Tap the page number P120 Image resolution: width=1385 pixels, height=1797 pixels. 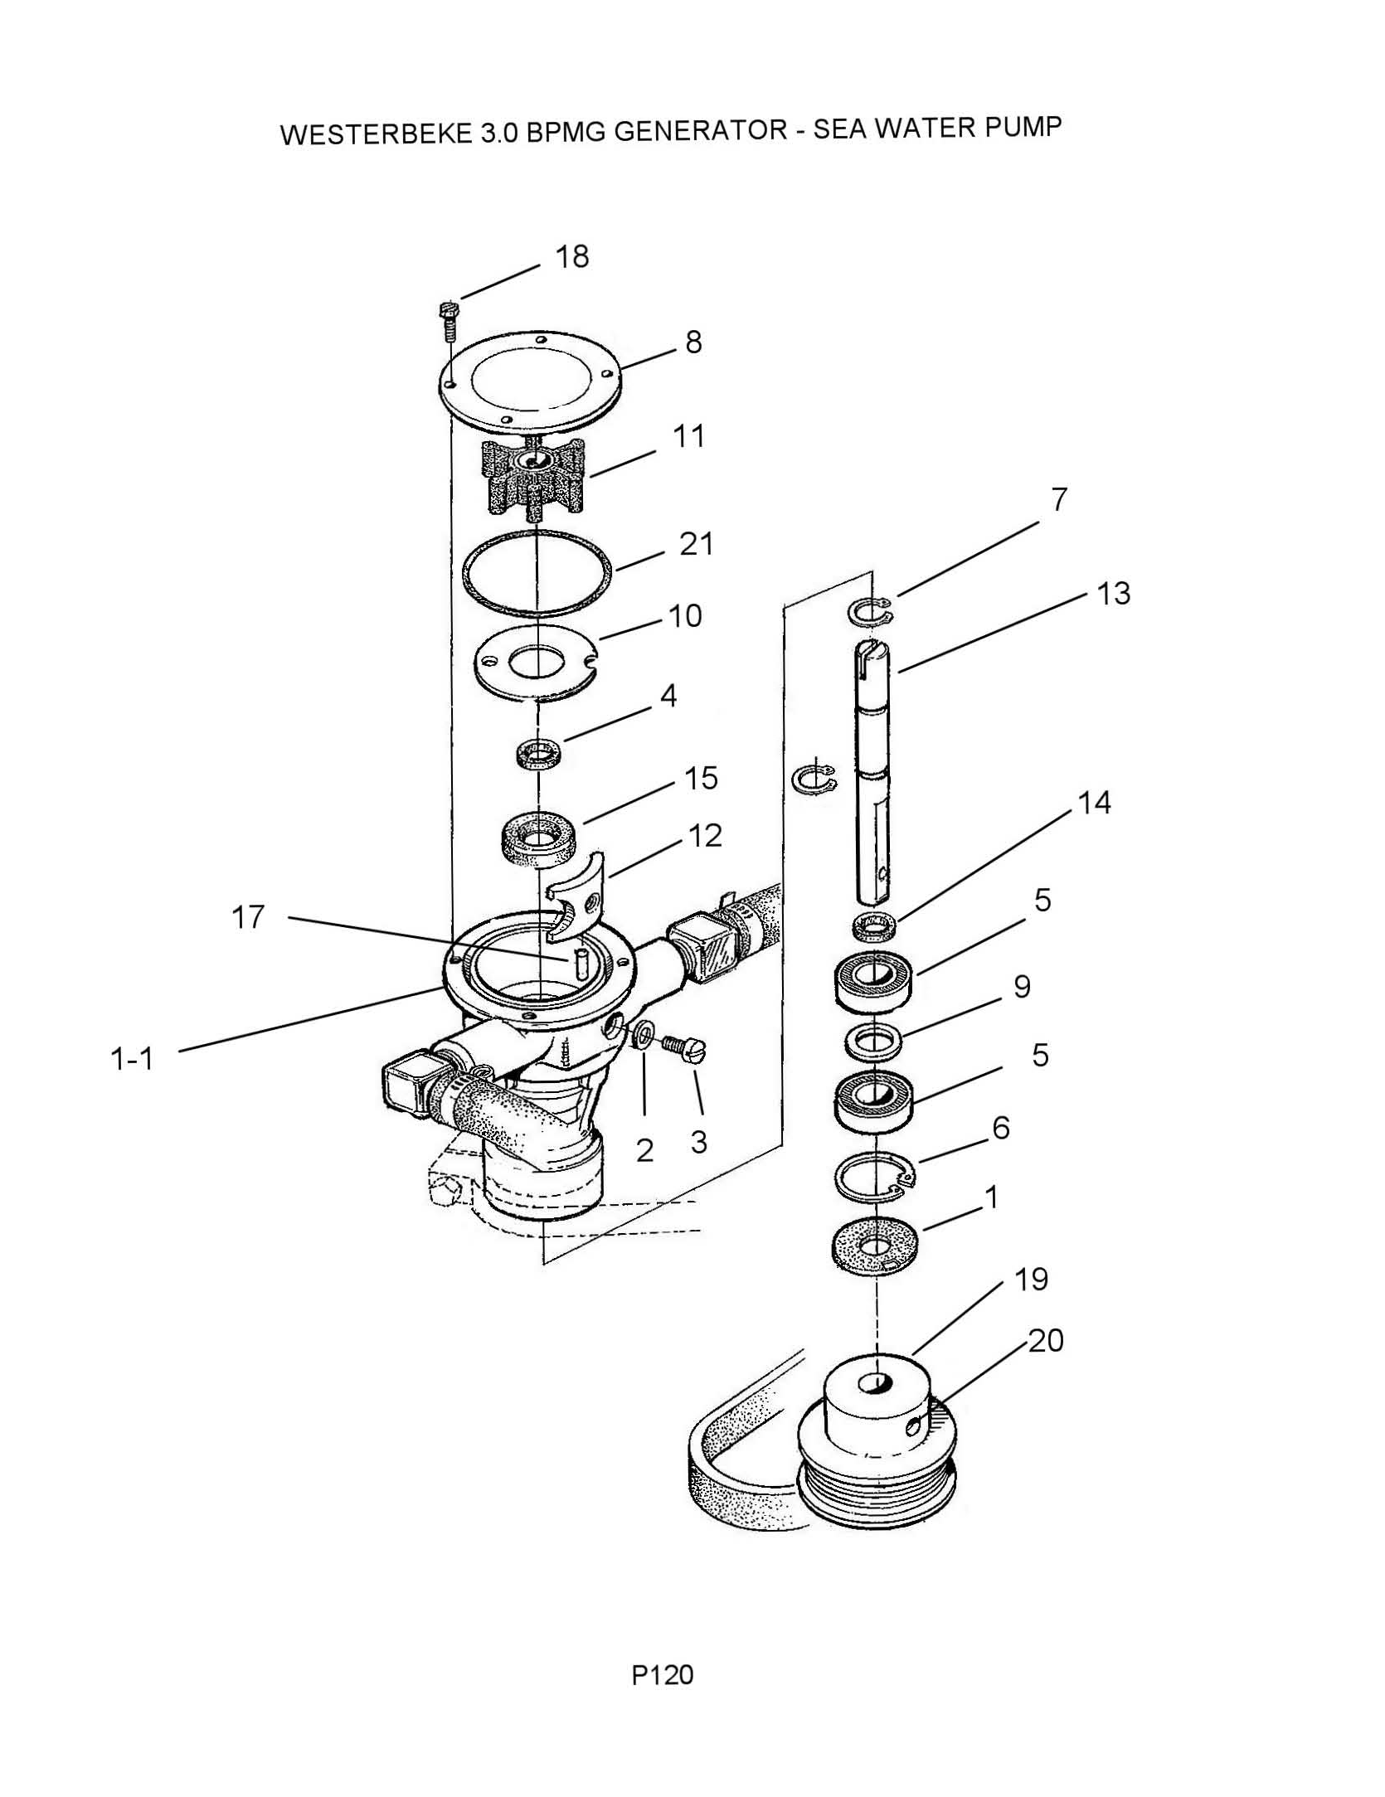tap(662, 1674)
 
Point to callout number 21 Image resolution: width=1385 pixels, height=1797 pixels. tap(696, 545)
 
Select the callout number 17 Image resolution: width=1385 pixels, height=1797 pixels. tap(247, 917)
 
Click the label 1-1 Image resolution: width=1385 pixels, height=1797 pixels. tap(132, 1059)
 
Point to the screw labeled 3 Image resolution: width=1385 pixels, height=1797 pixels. tap(683, 1049)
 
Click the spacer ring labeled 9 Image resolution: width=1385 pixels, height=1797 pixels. tap(872, 1041)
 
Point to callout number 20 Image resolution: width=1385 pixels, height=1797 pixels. tap(1046, 1341)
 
